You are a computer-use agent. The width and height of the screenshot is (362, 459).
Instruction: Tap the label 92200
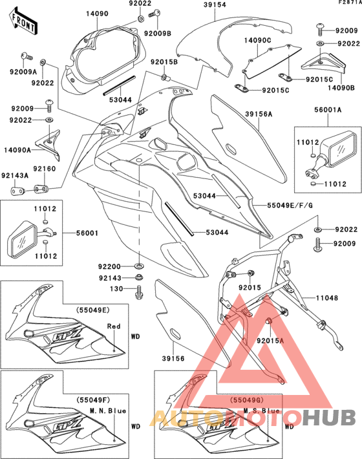110,266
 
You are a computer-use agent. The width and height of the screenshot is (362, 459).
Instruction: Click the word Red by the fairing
114,326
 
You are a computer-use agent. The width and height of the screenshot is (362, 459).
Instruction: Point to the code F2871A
348,3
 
